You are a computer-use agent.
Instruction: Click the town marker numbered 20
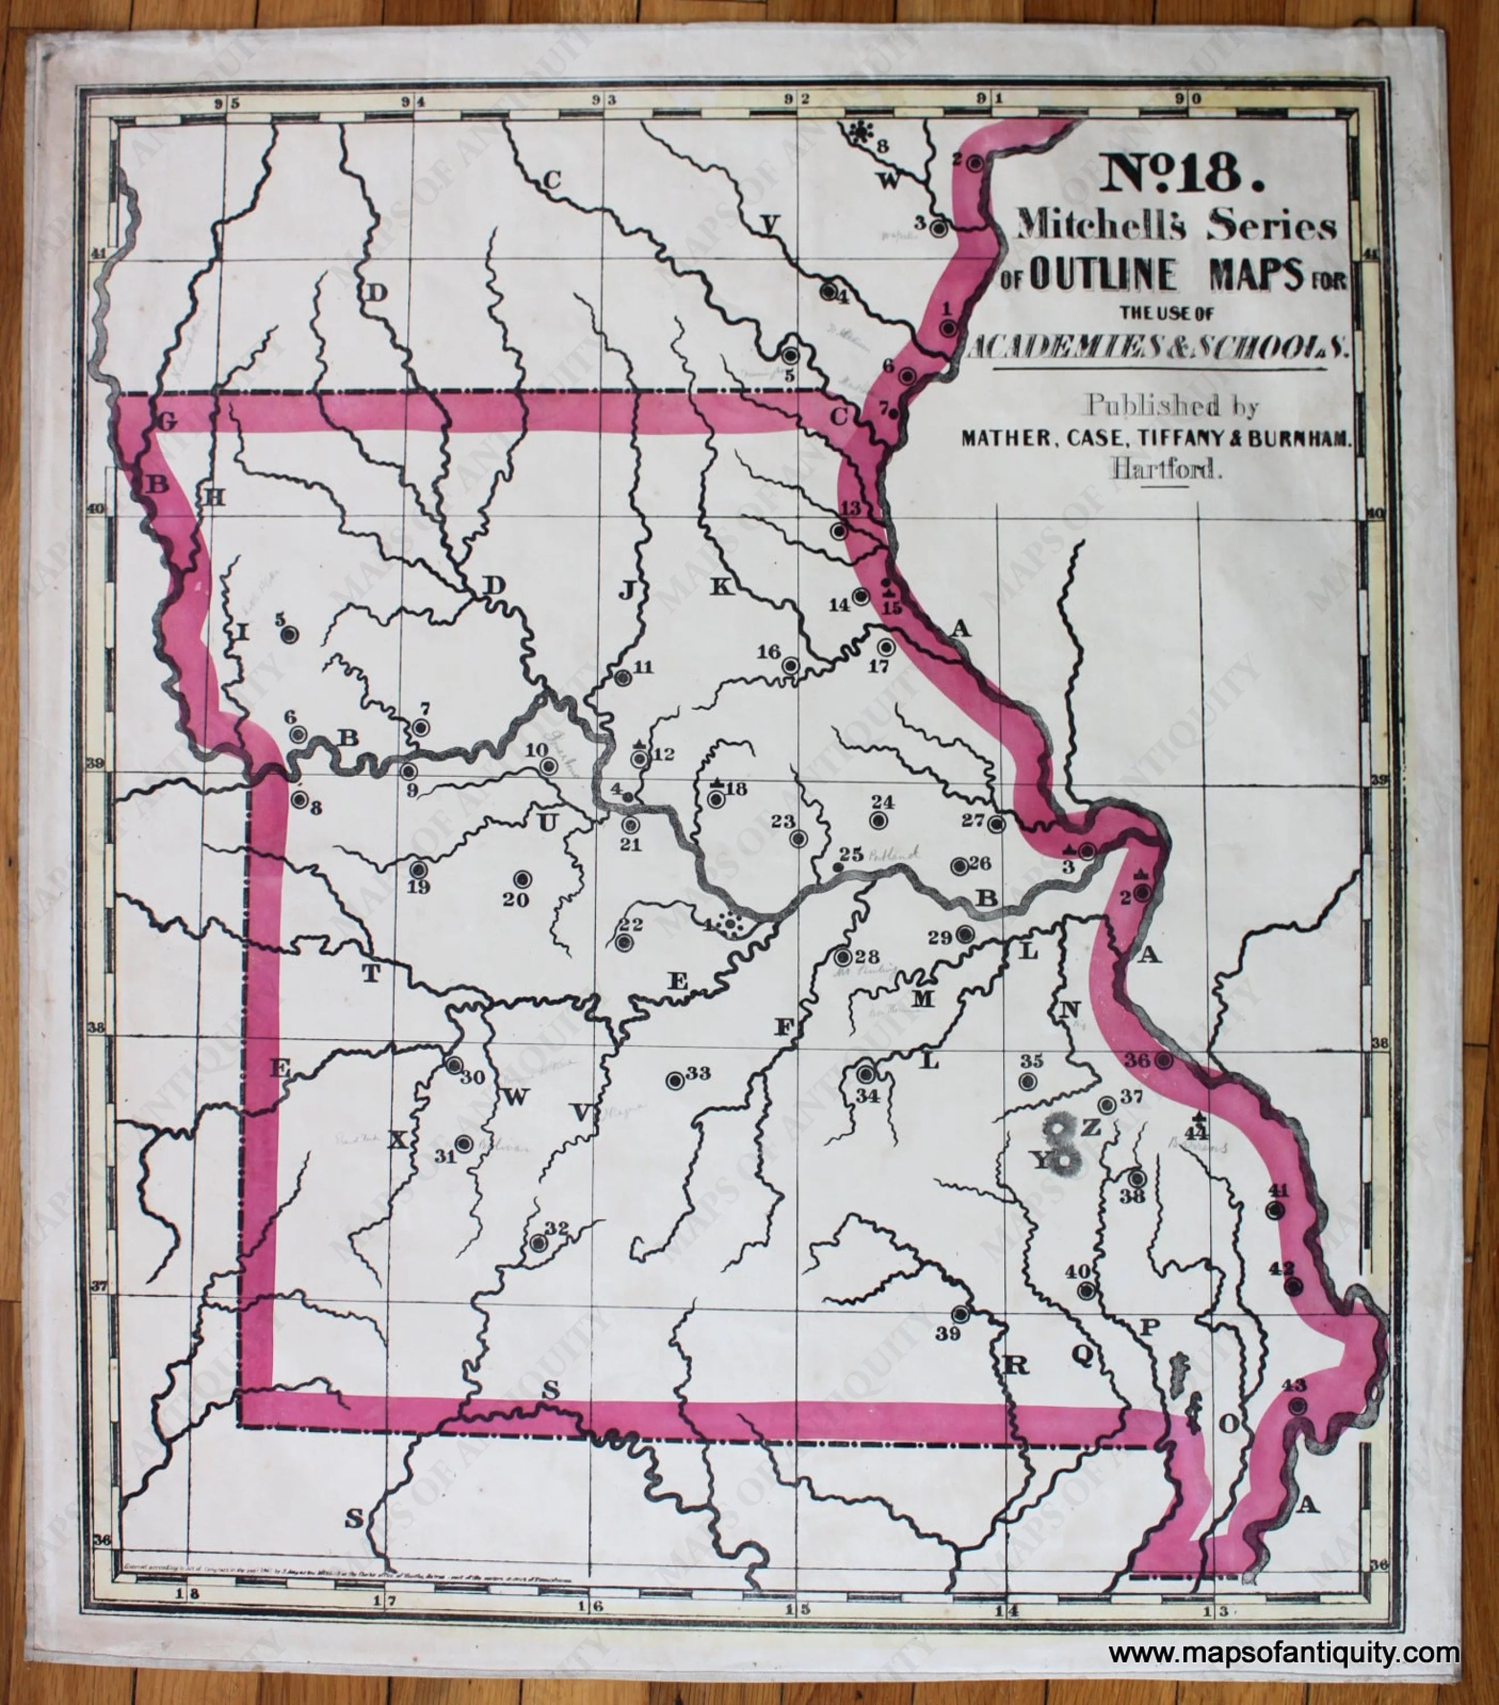(x=523, y=879)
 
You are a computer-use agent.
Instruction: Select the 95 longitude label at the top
(x=226, y=103)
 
